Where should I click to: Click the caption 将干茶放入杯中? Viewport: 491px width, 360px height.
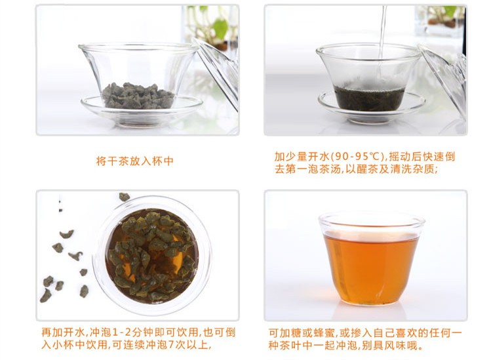click(134, 161)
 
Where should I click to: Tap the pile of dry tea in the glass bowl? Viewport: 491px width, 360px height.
click(138, 96)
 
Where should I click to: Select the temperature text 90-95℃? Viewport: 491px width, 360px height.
click(358, 156)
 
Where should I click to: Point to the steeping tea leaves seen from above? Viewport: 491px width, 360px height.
click(152, 256)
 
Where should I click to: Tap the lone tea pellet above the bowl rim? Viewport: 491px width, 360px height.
click(124, 197)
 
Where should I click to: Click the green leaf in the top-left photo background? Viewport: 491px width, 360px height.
click(221, 28)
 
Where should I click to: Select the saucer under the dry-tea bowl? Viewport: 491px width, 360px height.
click(142, 112)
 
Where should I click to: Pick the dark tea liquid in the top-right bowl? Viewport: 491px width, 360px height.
click(370, 98)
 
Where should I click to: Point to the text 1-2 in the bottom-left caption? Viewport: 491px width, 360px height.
click(123, 332)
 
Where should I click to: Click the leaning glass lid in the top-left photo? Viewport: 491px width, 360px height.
click(216, 73)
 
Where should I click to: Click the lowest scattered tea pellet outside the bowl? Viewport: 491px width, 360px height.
click(46, 295)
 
